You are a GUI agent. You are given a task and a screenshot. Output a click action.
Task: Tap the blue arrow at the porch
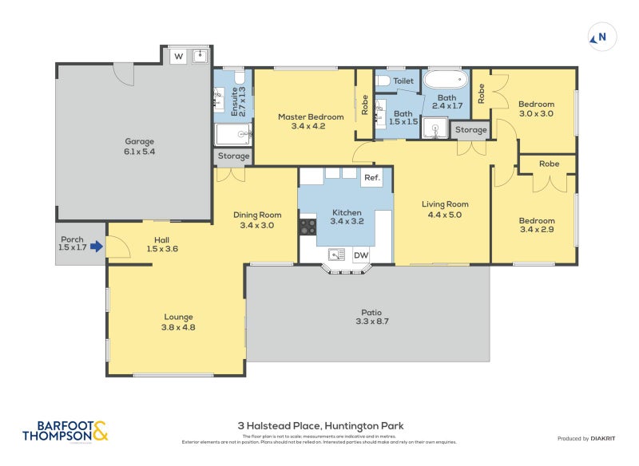(x=97, y=247)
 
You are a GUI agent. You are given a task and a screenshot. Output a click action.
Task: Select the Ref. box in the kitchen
(x=371, y=178)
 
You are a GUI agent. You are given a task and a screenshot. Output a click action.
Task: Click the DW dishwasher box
(x=361, y=255)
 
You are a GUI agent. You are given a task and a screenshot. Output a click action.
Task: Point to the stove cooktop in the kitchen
(x=307, y=227)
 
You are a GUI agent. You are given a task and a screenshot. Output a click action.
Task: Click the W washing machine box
(x=177, y=56)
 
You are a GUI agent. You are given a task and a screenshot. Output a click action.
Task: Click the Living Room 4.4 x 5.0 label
(x=444, y=209)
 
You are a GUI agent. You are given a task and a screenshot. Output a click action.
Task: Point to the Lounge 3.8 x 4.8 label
(x=178, y=321)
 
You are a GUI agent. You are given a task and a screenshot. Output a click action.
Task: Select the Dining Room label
(x=257, y=219)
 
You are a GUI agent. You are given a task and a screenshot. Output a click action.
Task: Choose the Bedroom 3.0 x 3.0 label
(x=536, y=109)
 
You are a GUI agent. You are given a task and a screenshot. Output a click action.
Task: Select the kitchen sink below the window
(x=336, y=255)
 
